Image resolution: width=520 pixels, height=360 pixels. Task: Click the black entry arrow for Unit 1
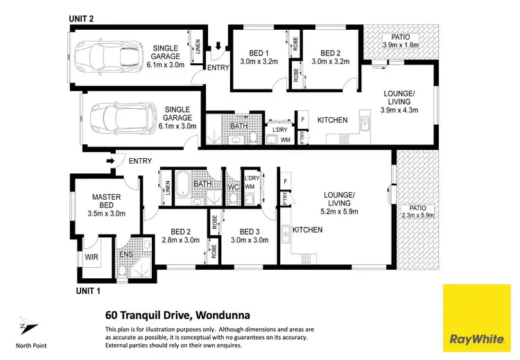pyautogui.click(x=110, y=162)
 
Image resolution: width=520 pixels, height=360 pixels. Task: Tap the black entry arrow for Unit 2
pyautogui.click(x=218, y=47)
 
